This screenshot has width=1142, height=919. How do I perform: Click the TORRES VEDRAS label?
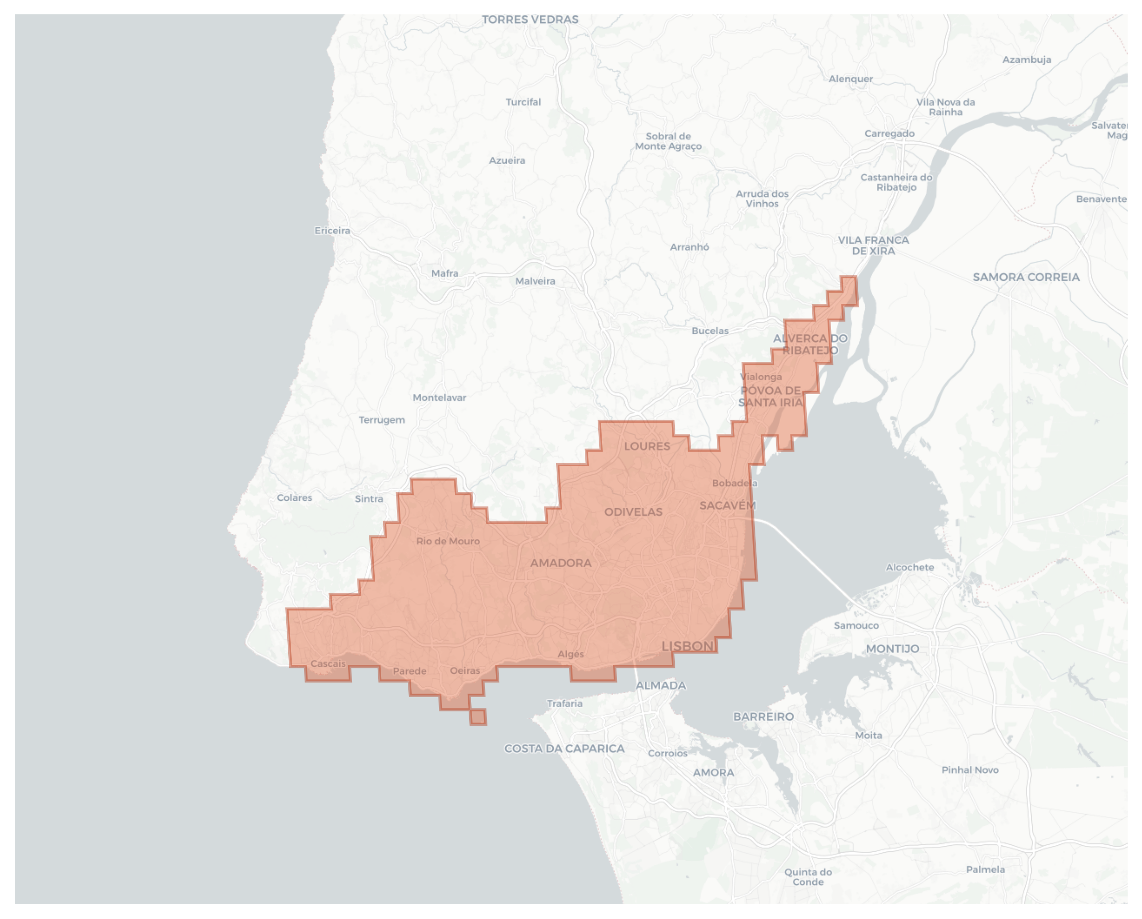coord(529,20)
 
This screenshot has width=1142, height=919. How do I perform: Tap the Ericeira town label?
coord(332,230)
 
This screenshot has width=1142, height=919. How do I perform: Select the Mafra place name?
coord(444,273)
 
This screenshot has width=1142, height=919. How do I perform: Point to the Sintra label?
coord(369,498)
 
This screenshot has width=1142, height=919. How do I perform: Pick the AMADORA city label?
coord(561,563)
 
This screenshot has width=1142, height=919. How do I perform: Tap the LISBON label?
coord(688,646)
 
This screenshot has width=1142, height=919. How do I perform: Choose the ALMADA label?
coord(660,685)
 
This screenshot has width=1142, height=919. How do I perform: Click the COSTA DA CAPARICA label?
coord(564,748)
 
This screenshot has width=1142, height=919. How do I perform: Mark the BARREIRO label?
coord(763,717)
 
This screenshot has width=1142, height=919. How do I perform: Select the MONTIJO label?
coord(892,649)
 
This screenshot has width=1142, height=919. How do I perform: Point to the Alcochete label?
coord(910,568)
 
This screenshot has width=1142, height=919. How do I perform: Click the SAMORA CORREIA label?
coord(1026,277)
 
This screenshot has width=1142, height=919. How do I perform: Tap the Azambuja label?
coord(1026,60)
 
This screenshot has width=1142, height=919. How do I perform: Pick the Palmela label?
coord(985,869)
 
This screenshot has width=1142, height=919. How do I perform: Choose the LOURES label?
coord(647,446)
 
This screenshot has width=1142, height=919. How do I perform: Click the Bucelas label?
coord(710,331)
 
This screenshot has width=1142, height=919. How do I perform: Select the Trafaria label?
coord(564,703)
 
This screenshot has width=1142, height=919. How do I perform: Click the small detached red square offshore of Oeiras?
coord(478,717)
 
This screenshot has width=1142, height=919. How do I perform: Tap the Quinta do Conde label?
coord(808,876)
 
